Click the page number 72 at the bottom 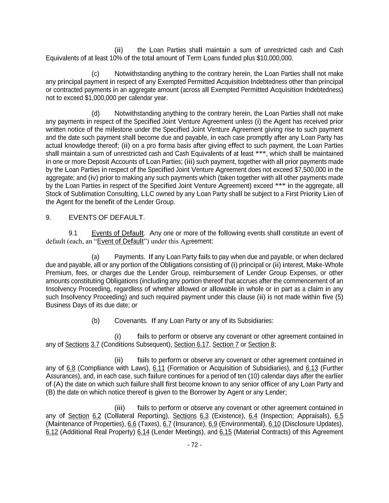click(x=195, y=445)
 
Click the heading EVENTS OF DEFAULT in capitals click(x=107, y=217)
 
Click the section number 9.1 click(x=73, y=233)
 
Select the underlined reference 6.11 click(x=159, y=368)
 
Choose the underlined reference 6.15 click(x=225, y=432)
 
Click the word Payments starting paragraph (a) click(x=129, y=257)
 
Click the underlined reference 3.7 click(x=95, y=345)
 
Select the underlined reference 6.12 click(x=52, y=432)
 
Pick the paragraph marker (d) click(x=95, y=113)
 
